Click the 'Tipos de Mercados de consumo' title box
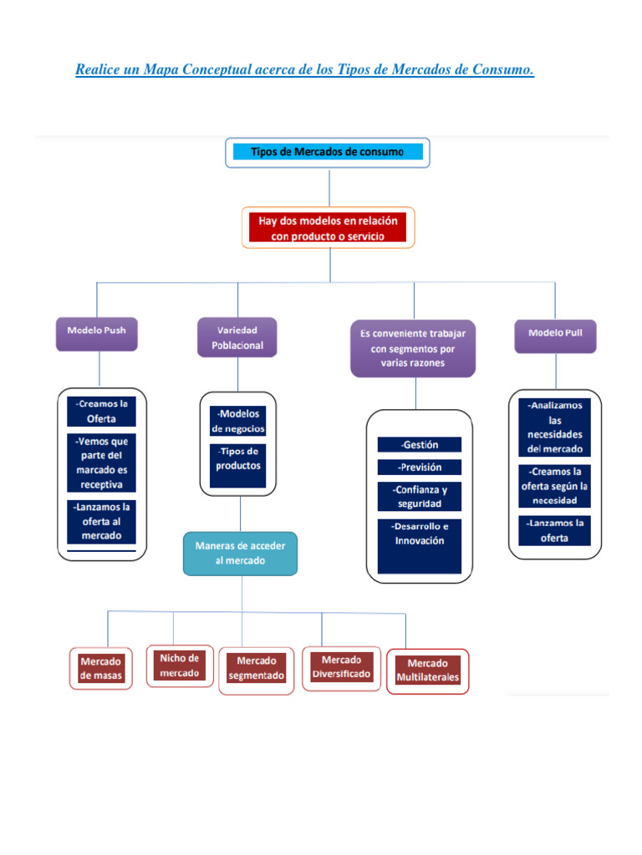pyautogui.click(x=328, y=152)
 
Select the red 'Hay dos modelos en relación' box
pyautogui.click(x=328, y=228)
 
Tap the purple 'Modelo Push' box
pyautogui.click(x=96, y=331)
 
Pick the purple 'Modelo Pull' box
pyautogui.click(x=555, y=333)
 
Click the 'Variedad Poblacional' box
pyautogui.click(x=237, y=337)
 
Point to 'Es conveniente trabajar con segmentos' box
pyautogui.click(x=413, y=347)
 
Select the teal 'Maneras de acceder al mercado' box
pyautogui.click(x=241, y=554)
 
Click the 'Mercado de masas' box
pyautogui.click(x=101, y=668)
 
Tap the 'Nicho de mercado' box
pyautogui.click(x=180, y=665)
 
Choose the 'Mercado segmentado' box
pyautogui.click(x=257, y=669)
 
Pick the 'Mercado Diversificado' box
pyautogui.click(x=341, y=667)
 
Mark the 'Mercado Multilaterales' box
pyautogui.click(x=428, y=670)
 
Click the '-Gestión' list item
pyautogui.click(x=419, y=445)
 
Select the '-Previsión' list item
pyautogui.click(x=419, y=468)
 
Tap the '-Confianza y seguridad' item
pyautogui.click(x=419, y=497)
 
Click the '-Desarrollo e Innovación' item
pyautogui.click(x=419, y=534)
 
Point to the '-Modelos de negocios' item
pyautogui.click(x=238, y=421)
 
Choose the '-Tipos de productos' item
pyautogui.click(x=238, y=459)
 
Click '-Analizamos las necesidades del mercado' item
pyautogui.click(x=555, y=427)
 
